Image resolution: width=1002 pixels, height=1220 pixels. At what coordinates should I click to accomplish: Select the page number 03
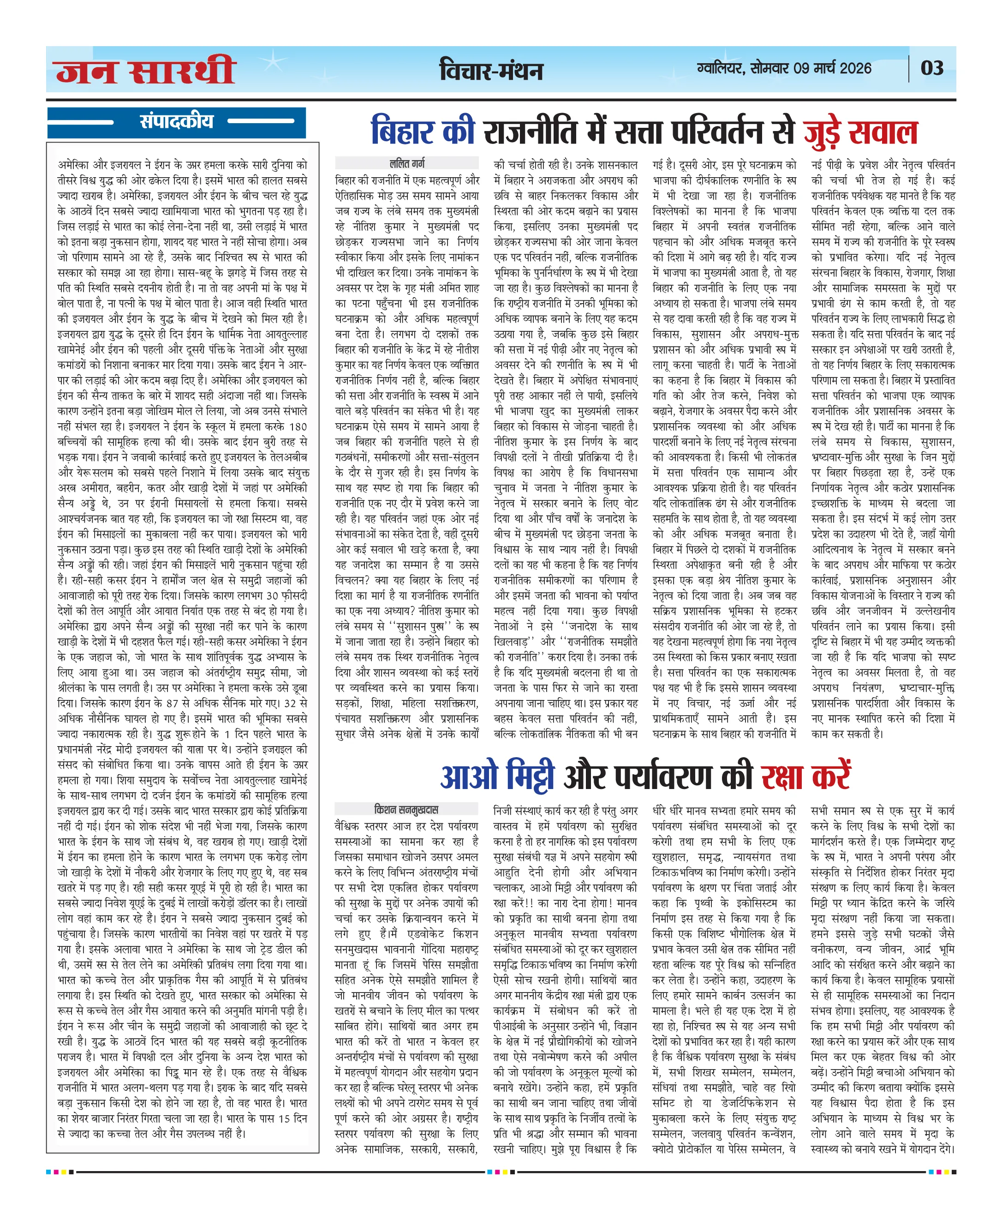tap(931, 68)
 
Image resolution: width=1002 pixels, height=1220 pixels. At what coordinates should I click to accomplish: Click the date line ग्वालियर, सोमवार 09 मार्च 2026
tap(784, 68)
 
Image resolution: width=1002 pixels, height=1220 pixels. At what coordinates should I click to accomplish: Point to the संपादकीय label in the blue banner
tap(176, 121)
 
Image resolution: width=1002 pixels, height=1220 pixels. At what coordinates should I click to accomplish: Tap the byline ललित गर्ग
tap(407, 163)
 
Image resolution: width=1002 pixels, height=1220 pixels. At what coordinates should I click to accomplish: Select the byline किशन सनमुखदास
tap(406, 809)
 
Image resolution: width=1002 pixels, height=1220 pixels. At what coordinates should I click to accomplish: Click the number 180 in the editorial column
tap(298, 426)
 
